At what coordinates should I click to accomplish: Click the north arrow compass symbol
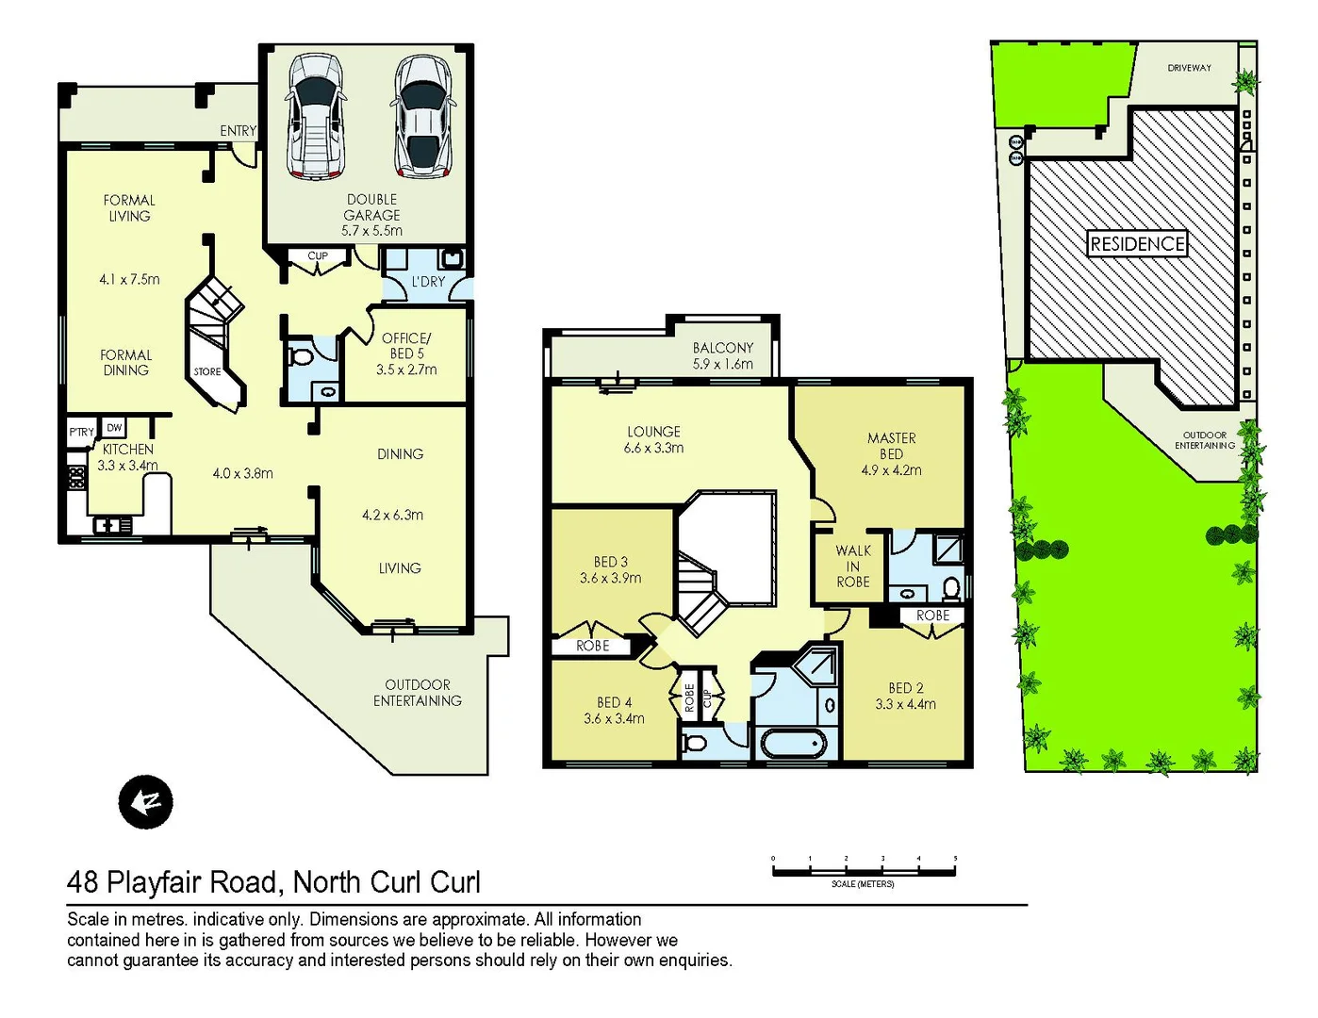tap(145, 802)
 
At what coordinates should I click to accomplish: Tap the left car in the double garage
tap(315, 115)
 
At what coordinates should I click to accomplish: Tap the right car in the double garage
tap(423, 116)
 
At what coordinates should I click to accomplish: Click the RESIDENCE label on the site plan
tap(1136, 244)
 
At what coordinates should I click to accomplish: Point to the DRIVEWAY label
tap(1189, 68)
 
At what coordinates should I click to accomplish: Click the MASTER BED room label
tap(891, 446)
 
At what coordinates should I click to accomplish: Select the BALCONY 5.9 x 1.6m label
tap(722, 356)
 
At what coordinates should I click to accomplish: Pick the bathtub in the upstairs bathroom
tap(793, 744)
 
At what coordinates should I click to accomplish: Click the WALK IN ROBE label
tap(853, 566)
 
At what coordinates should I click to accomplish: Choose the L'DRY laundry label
tap(428, 282)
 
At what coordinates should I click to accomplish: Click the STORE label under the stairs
tap(207, 371)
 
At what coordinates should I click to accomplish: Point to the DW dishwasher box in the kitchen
tap(114, 428)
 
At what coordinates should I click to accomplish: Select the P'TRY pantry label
tap(81, 432)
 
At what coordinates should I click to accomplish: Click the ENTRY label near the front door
tap(238, 131)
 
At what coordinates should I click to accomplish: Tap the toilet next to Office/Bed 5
tap(301, 359)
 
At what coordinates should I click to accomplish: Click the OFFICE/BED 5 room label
tap(406, 346)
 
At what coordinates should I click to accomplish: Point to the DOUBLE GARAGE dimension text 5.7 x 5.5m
tap(371, 231)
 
